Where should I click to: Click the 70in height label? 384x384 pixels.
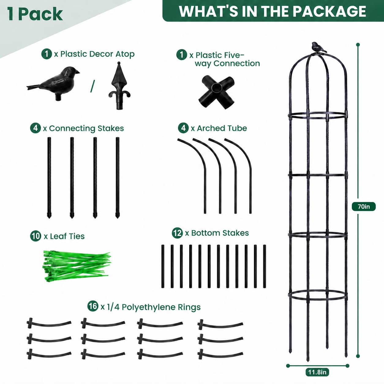coord(364,206)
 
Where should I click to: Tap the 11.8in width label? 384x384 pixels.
coord(317,372)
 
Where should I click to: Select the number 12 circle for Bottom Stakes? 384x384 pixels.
coord(177,233)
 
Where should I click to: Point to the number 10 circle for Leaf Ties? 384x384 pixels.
coord(36,236)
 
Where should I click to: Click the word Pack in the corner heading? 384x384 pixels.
coord(41,14)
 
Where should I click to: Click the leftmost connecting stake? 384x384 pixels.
coord(49,178)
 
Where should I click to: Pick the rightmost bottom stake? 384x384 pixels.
coord(265,266)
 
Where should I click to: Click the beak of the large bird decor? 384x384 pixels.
coord(77,72)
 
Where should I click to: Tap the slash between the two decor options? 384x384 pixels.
coord(92,86)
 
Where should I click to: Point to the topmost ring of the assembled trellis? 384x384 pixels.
coord(318,116)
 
